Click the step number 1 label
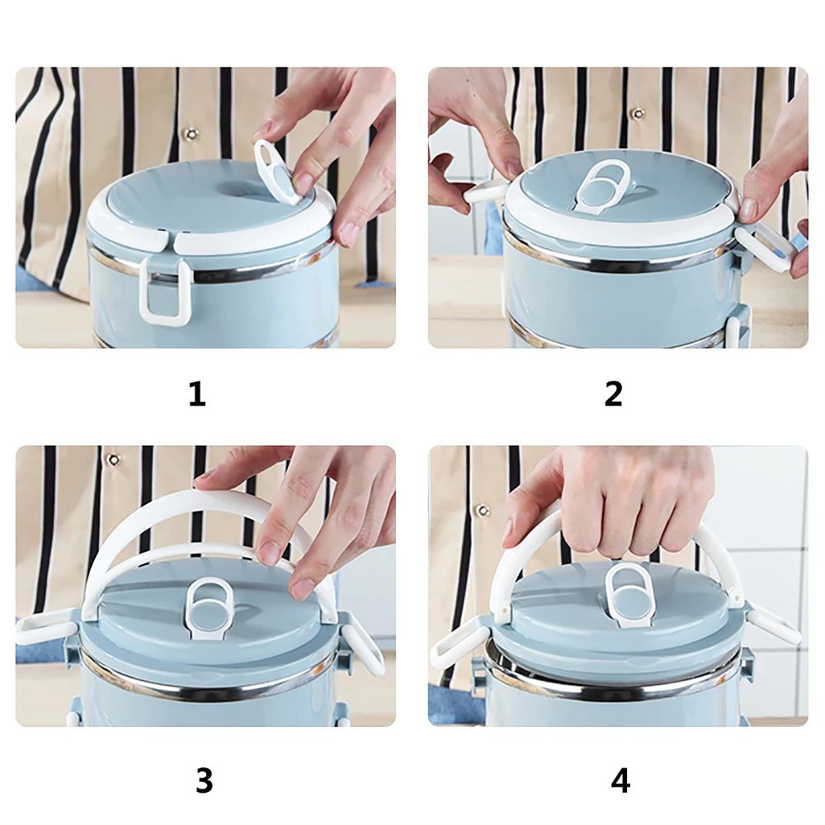[197, 394]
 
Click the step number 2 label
[614, 394]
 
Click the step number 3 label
[204, 780]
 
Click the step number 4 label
[620, 780]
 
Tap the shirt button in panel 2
[639, 113]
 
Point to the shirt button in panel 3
[113, 460]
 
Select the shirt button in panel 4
[483, 511]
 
